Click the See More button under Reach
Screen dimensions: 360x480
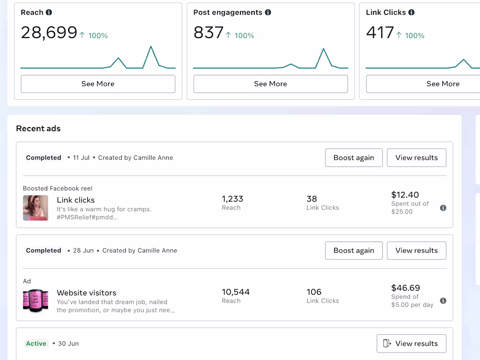coord(98,84)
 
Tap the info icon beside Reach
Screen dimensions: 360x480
coord(49,12)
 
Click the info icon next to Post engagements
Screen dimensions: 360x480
coord(268,12)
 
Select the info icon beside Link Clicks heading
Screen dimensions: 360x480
coord(411,12)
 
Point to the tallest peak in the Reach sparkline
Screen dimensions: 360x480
coord(151,46)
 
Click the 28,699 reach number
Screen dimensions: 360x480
coord(49,33)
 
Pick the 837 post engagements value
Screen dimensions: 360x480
coord(208,33)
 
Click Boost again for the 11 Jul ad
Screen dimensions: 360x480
coord(353,158)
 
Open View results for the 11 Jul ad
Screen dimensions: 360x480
coord(416,158)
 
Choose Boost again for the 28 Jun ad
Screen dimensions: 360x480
coord(353,250)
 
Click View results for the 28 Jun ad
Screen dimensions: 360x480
coord(416,250)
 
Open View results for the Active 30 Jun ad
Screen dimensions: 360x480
coord(411,343)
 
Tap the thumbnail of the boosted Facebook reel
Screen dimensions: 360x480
coord(35,208)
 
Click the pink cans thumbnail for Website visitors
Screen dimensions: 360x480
coord(35,301)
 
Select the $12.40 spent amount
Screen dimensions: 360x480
coord(405,195)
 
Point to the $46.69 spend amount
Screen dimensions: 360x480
coord(405,288)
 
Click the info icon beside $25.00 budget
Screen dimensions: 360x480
coord(443,208)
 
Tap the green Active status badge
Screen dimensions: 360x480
coord(36,343)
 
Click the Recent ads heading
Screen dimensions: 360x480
coord(38,128)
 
